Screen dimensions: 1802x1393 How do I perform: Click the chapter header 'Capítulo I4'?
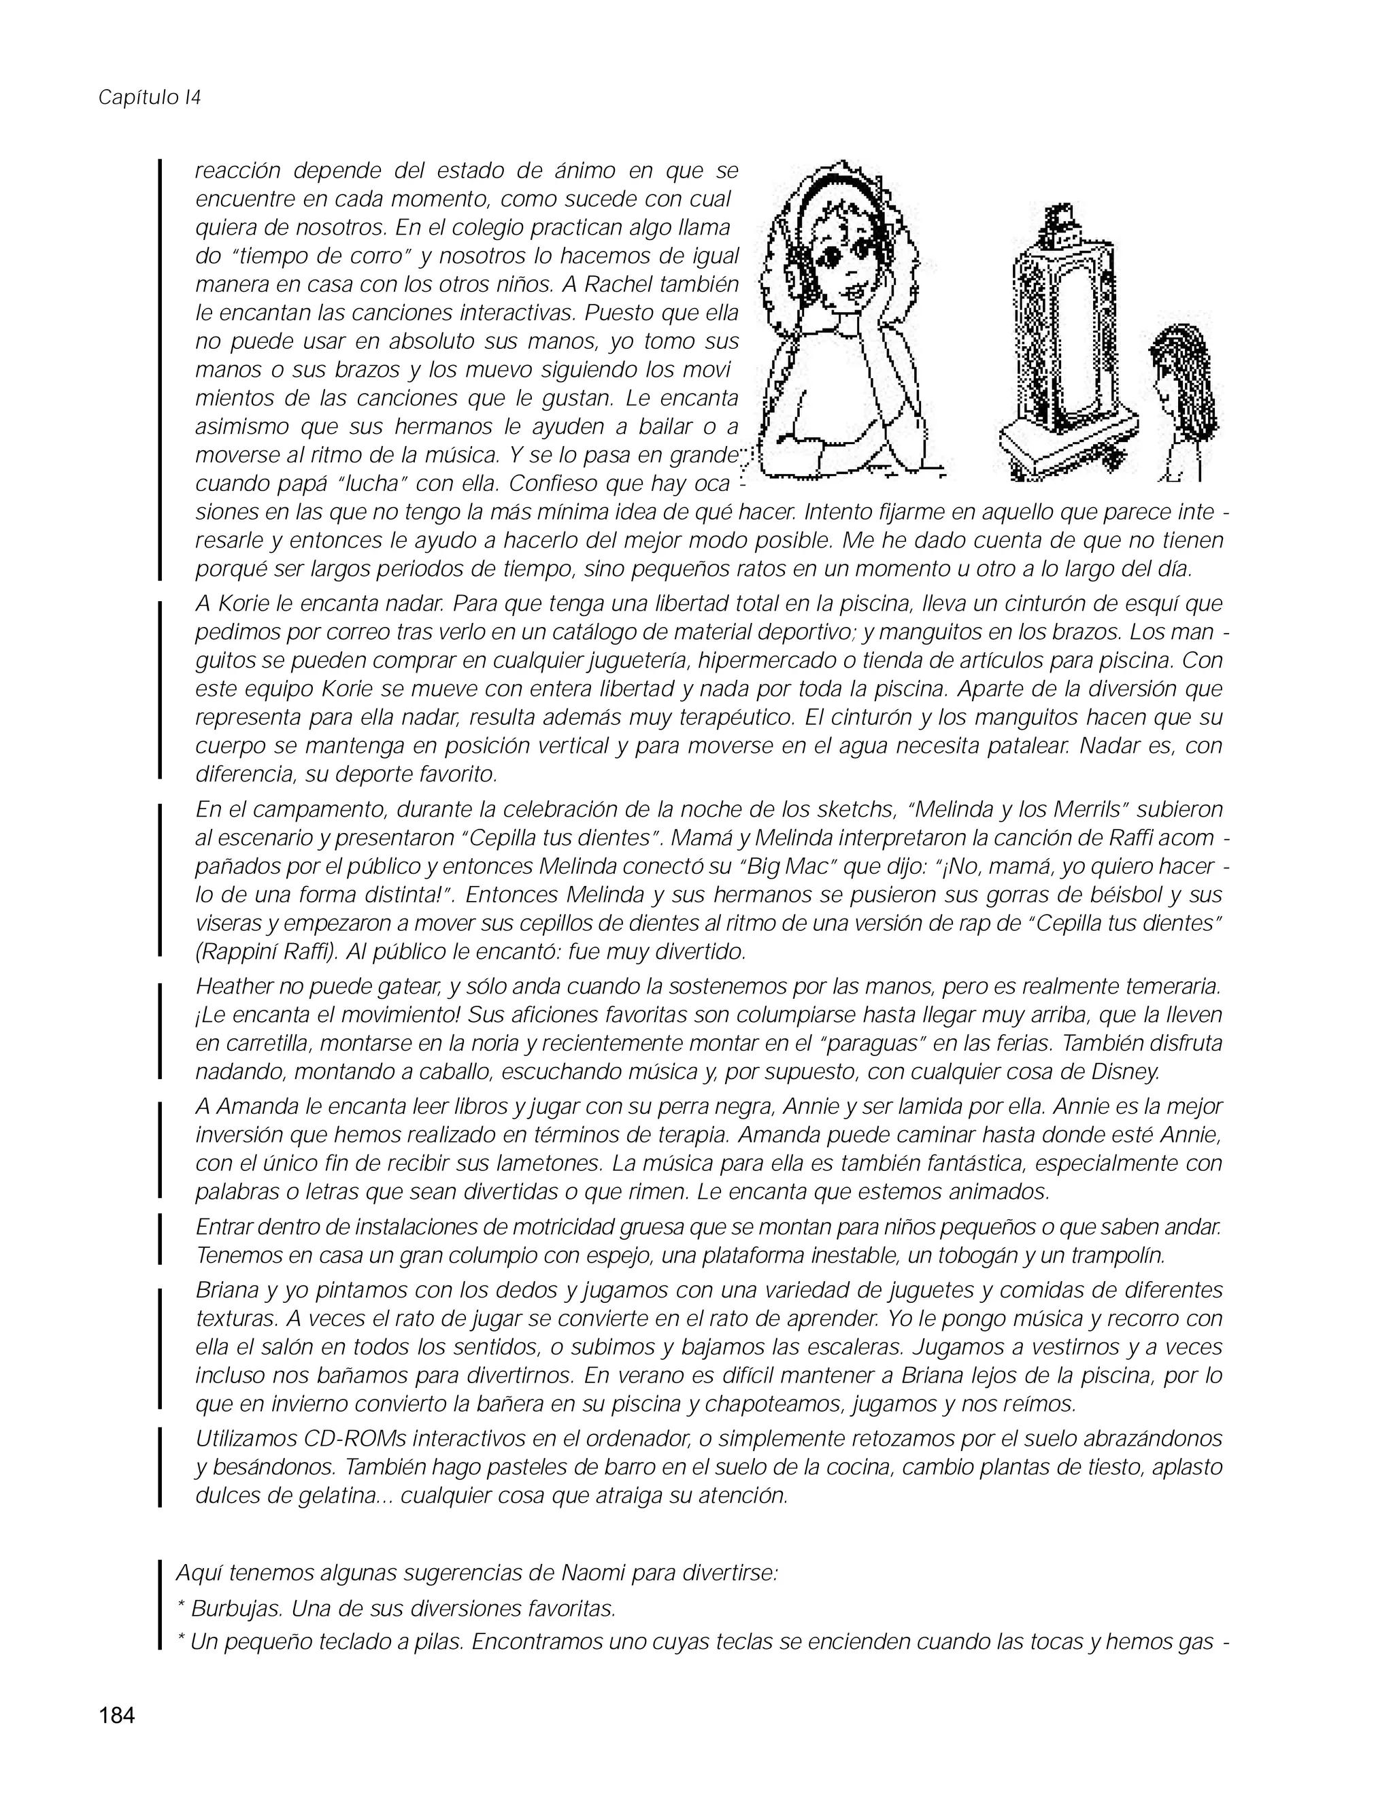(150, 98)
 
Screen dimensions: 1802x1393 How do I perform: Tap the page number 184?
(116, 1716)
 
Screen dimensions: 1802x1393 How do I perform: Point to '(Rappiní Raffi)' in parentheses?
(267, 952)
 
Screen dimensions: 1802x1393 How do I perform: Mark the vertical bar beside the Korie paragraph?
(160, 690)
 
